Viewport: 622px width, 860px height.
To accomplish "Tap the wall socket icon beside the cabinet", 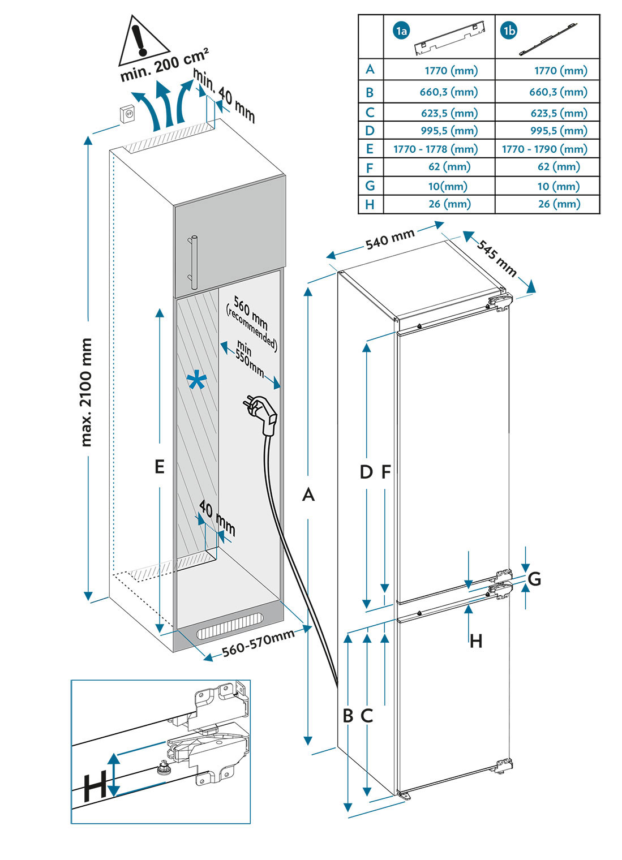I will (x=128, y=114).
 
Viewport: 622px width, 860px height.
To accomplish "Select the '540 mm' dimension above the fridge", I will (x=389, y=239).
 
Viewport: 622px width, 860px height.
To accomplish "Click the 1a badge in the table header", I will (x=401, y=31).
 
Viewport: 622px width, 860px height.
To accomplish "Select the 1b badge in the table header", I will (x=509, y=31).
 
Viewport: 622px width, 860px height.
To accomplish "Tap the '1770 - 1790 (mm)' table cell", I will (x=544, y=149).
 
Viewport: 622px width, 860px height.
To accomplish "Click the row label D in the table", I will (x=370, y=131).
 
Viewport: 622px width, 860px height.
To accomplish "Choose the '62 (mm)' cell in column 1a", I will (x=449, y=167).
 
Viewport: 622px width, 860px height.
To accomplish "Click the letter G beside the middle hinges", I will (x=534, y=579).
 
